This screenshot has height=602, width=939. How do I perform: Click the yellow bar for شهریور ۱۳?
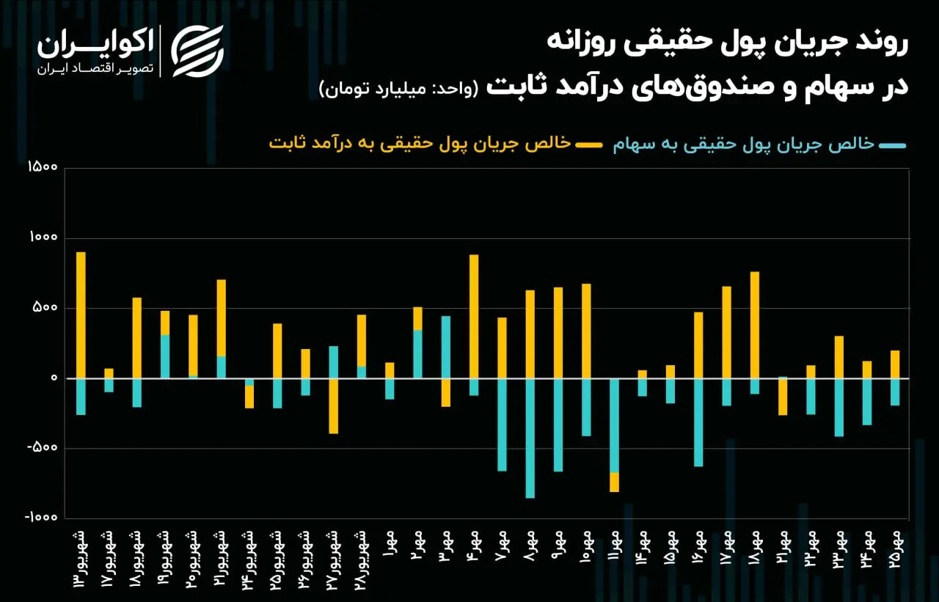tap(81, 315)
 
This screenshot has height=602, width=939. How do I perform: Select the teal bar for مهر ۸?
tap(530, 438)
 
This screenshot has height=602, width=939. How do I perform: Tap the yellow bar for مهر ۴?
tap(474, 317)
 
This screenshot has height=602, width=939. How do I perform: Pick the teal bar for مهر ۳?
tap(446, 348)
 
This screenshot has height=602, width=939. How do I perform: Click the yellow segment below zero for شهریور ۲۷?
tap(334, 406)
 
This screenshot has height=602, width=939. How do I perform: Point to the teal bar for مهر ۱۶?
tap(698, 422)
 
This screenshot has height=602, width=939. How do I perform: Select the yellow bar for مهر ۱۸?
tap(755, 325)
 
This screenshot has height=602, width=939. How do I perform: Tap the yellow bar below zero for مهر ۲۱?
tap(783, 397)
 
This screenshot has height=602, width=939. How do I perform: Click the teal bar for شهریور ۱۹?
tap(165, 357)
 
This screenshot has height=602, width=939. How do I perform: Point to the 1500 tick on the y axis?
tap(43, 166)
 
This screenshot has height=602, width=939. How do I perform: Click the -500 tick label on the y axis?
tap(42, 447)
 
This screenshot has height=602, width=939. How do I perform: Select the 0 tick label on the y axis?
tap(54, 378)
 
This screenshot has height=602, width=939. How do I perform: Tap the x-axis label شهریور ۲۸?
tap(362, 561)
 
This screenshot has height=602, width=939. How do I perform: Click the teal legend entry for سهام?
tap(759, 144)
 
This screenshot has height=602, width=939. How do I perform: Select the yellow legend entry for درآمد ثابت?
tap(436, 144)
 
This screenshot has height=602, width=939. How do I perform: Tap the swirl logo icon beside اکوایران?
tap(197, 51)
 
